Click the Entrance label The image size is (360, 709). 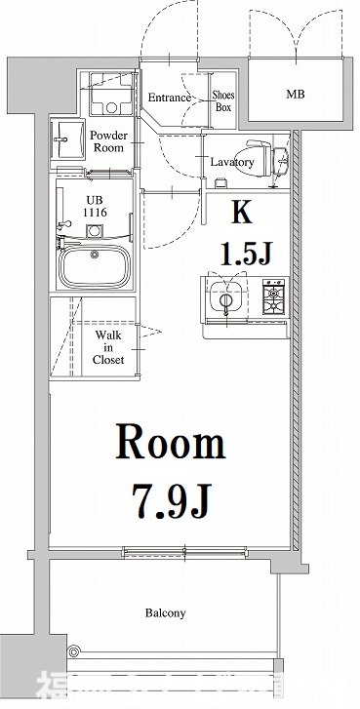pyautogui.click(x=169, y=98)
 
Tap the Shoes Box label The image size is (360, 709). pyautogui.click(x=222, y=101)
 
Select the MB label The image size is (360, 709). pyautogui.click(x=295, y=96)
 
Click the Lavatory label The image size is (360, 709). pyautogui.click(x=232, y=162)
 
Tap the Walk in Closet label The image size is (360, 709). pyautogui.click(x=108, y=346)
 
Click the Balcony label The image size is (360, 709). pyautogui.click(x=166, y=613)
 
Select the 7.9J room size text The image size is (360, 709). pyautogui.click(x=172, y=502)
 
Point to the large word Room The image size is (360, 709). pyautogui.click(x=172, y=445)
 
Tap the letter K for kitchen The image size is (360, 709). pyautogui.click(x=240, y=213)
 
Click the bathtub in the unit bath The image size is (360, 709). pyautogui.click(x=95, y=265)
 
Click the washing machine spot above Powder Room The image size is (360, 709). pyautogui.click(x=109, y=97)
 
